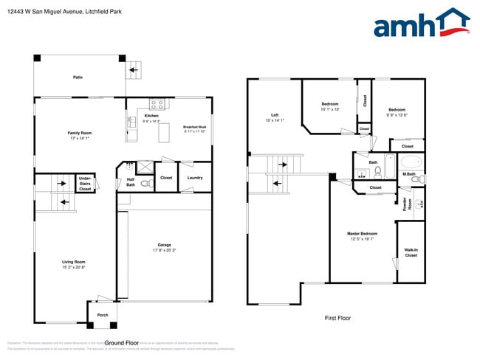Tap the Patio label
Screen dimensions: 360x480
tap(78, 77)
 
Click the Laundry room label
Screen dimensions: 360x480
tap(195, 177)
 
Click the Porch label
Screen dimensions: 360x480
tap(103, 315)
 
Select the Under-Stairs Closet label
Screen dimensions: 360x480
tap(85, 183)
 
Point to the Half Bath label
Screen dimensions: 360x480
tap(130, 182)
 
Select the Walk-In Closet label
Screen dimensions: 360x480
tap(411, 252)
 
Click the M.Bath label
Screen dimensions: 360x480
tap(409, 174)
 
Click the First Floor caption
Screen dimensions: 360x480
tap(337, 318)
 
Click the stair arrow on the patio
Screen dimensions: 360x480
tap(133, 71)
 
